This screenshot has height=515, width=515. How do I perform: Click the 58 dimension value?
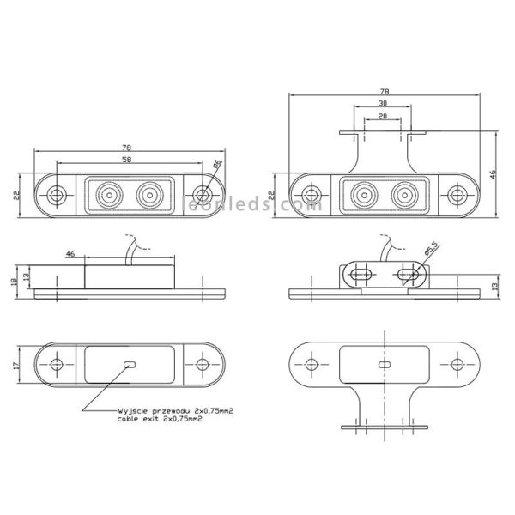[x=127, y=160]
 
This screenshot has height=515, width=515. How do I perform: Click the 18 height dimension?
[x=15, y=281]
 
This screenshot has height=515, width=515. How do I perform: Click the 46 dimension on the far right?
[x=494, y=173]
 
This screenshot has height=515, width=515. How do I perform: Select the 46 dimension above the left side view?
[x=70, y=255]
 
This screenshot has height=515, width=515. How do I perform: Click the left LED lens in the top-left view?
[x=109, y=195]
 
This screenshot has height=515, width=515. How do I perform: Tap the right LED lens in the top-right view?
[x=403, y=196]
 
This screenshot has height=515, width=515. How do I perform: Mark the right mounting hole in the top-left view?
[x=203, y=195]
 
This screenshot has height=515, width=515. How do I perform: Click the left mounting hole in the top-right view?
[x=310, y=196]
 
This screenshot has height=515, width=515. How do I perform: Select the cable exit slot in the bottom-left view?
[x=130, y=364]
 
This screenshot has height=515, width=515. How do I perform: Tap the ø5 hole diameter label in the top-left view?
[x=216, y=164]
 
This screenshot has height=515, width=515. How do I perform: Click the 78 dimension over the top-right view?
[x=385, y=90]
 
